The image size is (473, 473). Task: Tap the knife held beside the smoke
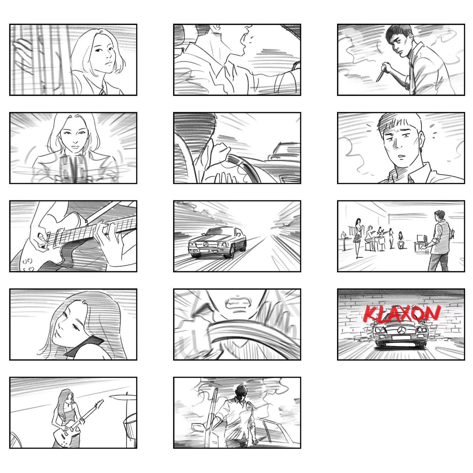(380, 76)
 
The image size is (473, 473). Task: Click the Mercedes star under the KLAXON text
(399, 329)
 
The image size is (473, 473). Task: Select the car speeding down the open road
(217, 242)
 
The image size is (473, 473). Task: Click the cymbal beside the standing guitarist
(123, 397)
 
